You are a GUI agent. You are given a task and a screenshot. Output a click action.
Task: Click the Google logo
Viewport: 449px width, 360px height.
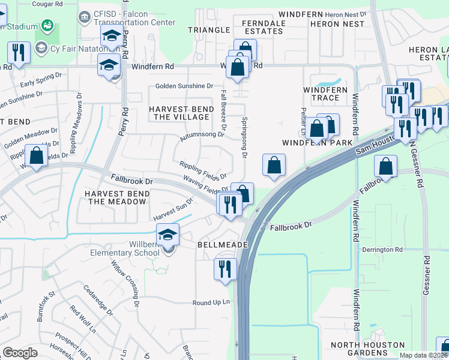(20, 353)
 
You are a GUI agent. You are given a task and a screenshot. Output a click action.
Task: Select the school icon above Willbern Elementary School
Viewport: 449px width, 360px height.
(168, 235)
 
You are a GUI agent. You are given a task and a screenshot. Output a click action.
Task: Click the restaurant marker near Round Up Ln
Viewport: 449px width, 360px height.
(225, 268)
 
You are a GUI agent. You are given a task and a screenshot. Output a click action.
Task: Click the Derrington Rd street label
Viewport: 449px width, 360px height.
(382, 250)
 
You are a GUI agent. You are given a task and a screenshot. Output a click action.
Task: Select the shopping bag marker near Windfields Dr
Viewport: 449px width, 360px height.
(37, 156)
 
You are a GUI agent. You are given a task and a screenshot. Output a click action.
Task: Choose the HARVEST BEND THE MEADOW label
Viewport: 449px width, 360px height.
(116, 197)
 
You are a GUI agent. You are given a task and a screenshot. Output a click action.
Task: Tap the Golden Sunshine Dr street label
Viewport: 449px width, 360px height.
(184, 86)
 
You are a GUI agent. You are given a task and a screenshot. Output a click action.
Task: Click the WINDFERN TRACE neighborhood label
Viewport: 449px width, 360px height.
(325, 94)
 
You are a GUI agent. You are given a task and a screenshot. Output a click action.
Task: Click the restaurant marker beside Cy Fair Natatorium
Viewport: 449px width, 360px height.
(19, 52)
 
